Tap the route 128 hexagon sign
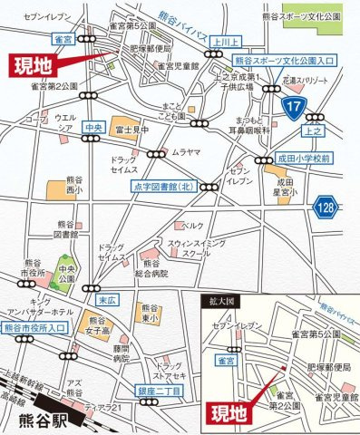(x=326, y=208)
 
